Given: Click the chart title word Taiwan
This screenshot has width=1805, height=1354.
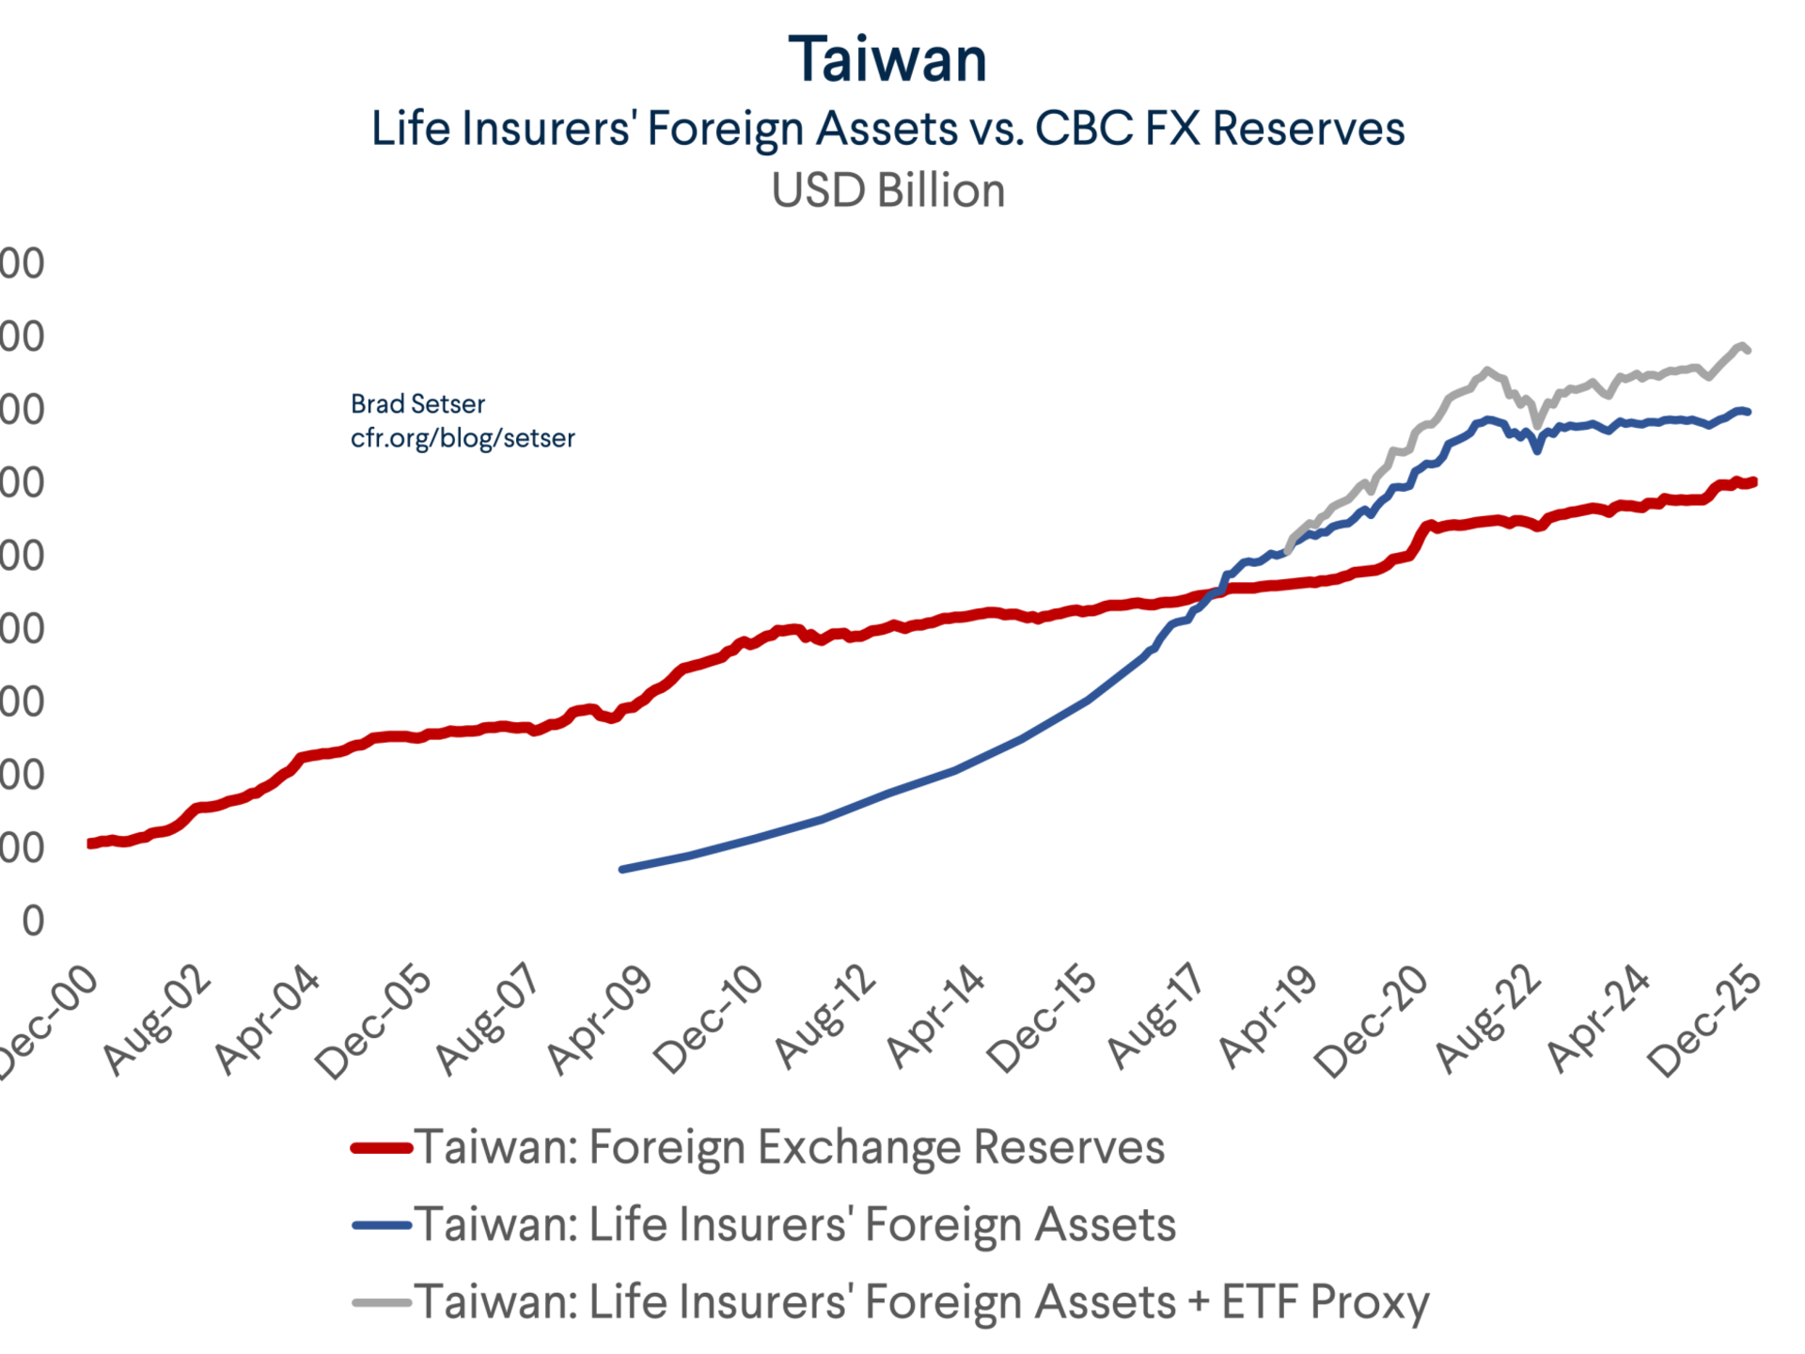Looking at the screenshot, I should coord(887,60).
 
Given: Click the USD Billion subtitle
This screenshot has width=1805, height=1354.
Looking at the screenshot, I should coord(887,191).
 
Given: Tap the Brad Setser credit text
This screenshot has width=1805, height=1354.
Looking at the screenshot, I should coord(417,404).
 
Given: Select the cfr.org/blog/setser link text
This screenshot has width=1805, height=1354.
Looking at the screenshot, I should coord(463,438).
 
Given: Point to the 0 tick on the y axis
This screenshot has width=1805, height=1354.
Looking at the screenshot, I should coord(34,921).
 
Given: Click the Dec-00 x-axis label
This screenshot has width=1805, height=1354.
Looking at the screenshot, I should coord(47,1021).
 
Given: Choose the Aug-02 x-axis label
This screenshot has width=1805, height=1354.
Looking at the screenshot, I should coord(158,1019).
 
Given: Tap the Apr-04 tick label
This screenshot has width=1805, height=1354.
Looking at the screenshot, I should coord(269,1019).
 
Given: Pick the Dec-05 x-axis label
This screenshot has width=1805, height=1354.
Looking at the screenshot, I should coord(374,1021).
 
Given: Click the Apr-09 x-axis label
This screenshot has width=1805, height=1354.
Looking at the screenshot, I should coord(600,1019).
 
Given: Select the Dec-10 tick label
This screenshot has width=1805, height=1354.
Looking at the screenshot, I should coord(708,1021).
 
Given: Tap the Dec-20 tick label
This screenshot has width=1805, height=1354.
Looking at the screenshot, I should coord(1372,1021).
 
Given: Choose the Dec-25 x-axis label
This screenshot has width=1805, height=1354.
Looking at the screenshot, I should coord(1704,1021).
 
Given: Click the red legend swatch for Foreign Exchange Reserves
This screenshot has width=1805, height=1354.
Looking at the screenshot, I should coord(382,1148).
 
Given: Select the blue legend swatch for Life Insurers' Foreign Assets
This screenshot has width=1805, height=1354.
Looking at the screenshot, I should coord(382,1225).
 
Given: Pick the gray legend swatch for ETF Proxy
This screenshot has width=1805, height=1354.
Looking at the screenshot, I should coord(382,1303).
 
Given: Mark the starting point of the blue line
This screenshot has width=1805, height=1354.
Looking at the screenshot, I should coord(621,869).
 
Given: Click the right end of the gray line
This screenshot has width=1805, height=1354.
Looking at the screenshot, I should coord(1747,351).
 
